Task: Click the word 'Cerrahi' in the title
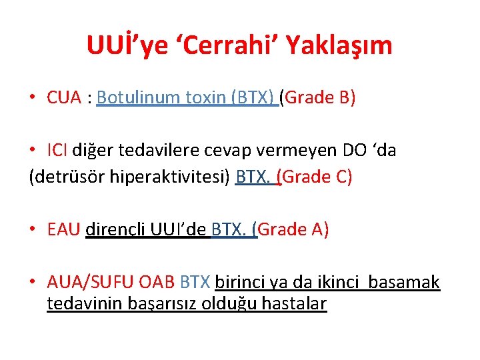(x=236, y=45)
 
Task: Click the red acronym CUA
(x=65, y=98)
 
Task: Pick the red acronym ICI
(x=58, y=151)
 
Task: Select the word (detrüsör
(x=63, y=177)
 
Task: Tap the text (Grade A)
(x=293, y=230)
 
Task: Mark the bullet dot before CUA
(x=33, y=99)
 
